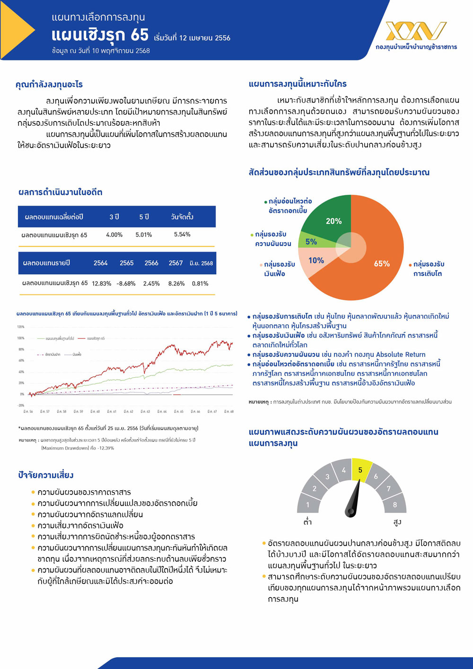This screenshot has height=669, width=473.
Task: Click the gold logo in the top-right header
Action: click(x=416, y=31)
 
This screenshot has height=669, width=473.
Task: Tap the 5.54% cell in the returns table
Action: click(x=182, y=235)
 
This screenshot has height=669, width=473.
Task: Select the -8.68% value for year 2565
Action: click(x=126, y=284)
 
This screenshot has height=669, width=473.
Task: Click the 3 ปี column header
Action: click(x=114, y=217)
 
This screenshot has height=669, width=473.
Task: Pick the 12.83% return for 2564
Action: click(x=101, y=284)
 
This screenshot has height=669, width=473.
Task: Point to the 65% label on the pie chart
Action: click(x=382, y=264)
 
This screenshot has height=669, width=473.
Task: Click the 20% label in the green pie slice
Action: click(x=333, y=221)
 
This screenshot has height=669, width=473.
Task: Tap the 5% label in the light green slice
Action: click(x=311, y=242)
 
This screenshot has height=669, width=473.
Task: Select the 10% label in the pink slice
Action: click(x=316, y=261)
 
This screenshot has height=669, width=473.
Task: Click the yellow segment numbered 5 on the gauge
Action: click(x=360, y=469)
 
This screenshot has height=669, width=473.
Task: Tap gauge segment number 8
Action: click(x=395, y=504)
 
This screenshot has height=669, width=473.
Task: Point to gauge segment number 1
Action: click(x=307, y=504)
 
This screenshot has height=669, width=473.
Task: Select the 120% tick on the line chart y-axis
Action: click(x=21, y=327)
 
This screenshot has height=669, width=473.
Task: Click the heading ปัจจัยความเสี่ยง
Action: click(x=46, y=475)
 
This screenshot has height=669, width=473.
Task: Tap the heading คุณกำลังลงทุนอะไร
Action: click(x=49, y=85)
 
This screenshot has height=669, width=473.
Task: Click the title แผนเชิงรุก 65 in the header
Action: click(x=100, y=35)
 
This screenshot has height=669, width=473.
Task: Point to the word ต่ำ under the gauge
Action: click(x=308, y=522)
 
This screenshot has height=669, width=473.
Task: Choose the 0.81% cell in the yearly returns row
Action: click(x=200, y=284)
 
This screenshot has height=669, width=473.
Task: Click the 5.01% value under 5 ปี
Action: click(x=144, y=235)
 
